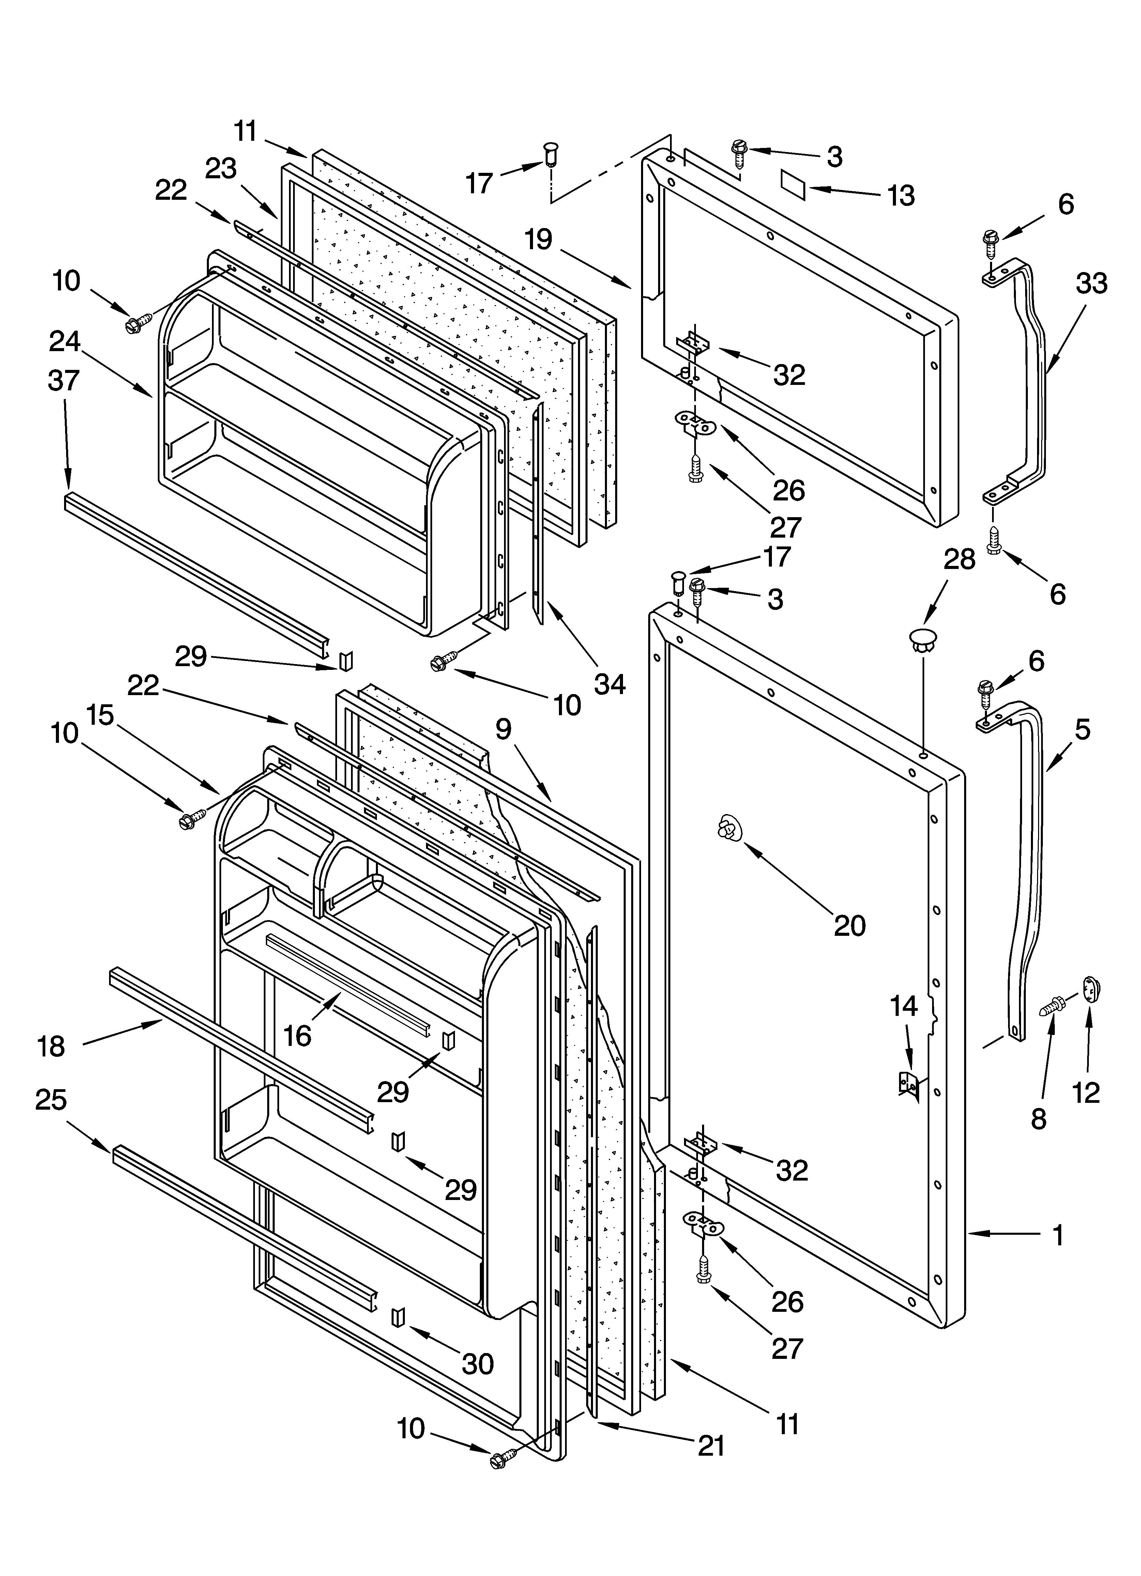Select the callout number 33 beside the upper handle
coord(1091,284)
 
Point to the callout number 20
coord(849,926)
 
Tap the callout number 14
coord(904,1006)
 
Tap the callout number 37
coord(64,381)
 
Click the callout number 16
coord(298,1035)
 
